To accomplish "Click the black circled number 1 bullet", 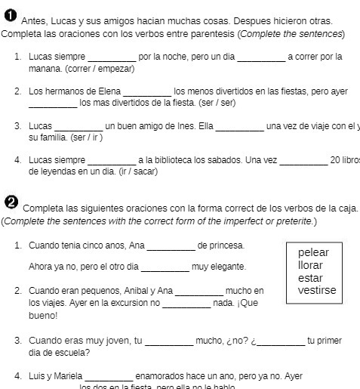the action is coord(10,17).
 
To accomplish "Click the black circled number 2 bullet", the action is coord(11,202).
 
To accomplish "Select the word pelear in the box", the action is coord(313,252).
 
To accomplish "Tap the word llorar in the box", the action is coord(310,265).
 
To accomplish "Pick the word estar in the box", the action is coord(310,278).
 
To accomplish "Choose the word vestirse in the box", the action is coord(317,291).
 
